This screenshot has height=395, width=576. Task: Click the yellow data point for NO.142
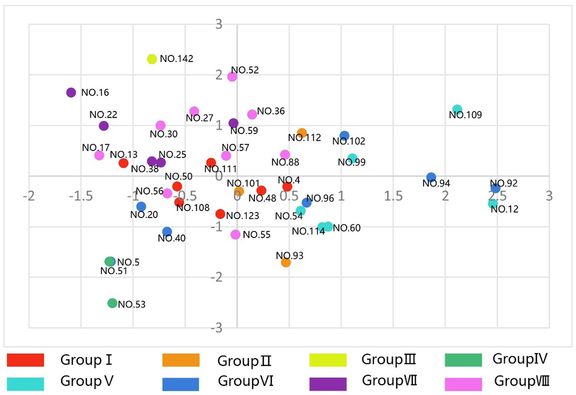point(152,59)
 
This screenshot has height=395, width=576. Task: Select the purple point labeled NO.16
point(71,92)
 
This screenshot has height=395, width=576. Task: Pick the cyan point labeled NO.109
point(457,110)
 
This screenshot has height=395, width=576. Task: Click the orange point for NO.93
point(286,263)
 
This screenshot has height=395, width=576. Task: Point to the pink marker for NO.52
point(232,77)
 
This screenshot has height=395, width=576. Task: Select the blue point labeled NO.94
point(431,177)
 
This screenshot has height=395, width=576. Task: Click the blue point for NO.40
point(167,232)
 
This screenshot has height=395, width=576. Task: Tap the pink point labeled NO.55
point(235,234)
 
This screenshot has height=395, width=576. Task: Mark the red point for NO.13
point(123,163)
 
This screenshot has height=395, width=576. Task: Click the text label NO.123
point(243,216)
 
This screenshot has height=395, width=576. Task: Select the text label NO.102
point(349,141)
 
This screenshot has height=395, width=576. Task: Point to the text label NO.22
point(103,115)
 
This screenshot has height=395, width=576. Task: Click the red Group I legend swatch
point(26,360)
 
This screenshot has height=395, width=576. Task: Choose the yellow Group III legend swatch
point(328,360)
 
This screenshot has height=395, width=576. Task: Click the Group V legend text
point(87,381)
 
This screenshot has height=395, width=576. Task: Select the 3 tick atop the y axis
point(219,24)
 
